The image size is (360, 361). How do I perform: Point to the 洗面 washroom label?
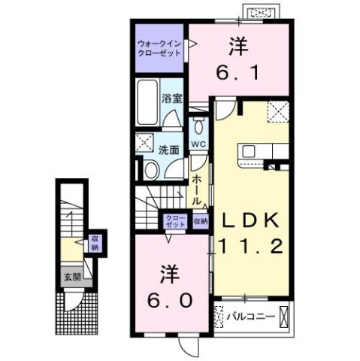[x=168, y=150]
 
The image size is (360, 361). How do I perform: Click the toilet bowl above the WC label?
[x=198, y=125]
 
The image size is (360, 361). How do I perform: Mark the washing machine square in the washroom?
[x=144, y=142]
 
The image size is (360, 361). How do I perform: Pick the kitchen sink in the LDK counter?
[x=250, y=152]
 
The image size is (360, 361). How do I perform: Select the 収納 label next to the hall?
[x=199, y=222]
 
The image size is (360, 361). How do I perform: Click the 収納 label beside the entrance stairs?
[x=95, y=242]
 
